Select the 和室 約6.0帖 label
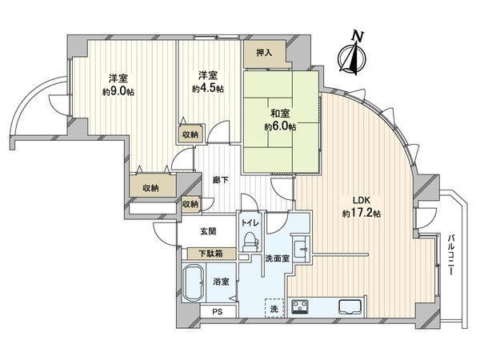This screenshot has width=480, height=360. pyautogui.click(x=281, y=121)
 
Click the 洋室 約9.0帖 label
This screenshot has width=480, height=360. pyautogui.click(x=118, y=84)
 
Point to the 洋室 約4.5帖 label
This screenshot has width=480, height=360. pyautogui.click(x=208, y=81)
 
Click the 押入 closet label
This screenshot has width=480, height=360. pyautogui.click(x=264, y=54)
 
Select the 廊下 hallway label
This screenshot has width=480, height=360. pyautogui.click(x=220, y=181)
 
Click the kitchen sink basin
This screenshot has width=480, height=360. pyautogui.click(x=350, y=307)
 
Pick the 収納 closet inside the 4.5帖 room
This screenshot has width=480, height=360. pyautogui.click(x=190, y=135)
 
